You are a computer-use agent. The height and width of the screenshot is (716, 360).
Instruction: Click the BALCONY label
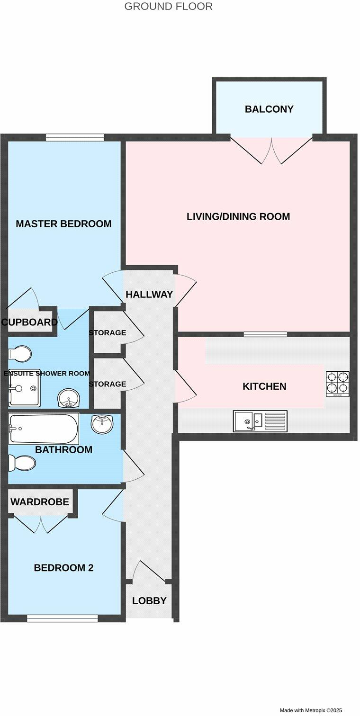click(x=269, y=109)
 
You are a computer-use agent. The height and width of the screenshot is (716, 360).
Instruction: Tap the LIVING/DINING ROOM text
click(x=238, y=217)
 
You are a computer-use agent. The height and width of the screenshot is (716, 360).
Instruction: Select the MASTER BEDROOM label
click(x=63, y=224)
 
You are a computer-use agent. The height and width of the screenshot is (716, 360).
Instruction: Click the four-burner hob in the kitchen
click(x=338, y=384)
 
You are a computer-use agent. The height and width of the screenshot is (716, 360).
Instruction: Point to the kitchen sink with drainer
click(x=260, y=421)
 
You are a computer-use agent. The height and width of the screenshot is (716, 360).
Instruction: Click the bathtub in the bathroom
click(x=43, y=429)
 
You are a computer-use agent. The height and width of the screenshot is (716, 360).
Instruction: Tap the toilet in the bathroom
click(x=22, y=463)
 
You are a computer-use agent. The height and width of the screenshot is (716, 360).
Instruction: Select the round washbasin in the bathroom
click(x=102, y=424)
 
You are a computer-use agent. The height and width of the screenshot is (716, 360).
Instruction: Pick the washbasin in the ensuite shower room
click(x=69, y=398)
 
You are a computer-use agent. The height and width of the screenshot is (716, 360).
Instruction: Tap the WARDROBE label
click(x=40, y=502)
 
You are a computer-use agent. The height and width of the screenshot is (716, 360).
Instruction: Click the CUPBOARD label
click(x=29, y=322)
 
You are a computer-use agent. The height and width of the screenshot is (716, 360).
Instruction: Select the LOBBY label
click(x=149, y=601)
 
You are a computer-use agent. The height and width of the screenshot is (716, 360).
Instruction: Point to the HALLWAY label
click(x=149, y=295)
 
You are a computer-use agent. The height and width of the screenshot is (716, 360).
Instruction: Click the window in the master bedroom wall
click(x=75, y=137)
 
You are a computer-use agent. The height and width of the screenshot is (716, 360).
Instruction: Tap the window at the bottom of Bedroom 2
click(x=63, y=618)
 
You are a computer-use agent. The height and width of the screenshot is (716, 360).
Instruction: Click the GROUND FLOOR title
click(x=168, y=7)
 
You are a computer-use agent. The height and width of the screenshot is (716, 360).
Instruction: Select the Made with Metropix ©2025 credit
click(x=311, y=710)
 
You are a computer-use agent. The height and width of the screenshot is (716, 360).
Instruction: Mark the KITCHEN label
click(x=264, y=386)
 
